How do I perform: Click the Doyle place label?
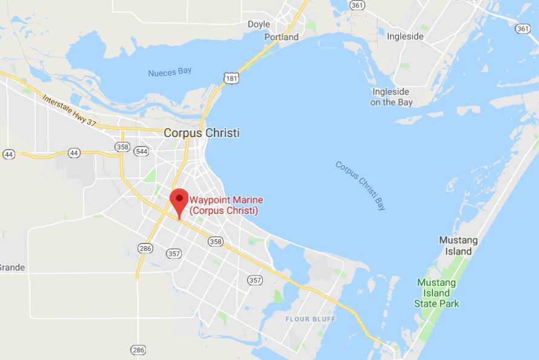click(259, 24)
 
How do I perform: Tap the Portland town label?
click(282, 37)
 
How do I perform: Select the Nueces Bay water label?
click(170, 72)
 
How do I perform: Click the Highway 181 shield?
click(230, 78)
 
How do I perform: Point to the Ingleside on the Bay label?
click(391, 97)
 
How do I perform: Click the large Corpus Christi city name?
click(202, 133)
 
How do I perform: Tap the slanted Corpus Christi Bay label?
click(360, 185)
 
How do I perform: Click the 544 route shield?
click(141, 151)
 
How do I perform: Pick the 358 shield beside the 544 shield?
click(122, 147)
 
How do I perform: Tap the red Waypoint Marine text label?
click(226, 205)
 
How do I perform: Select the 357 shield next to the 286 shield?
click(174, 253)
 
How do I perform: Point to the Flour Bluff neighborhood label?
click(306, 319)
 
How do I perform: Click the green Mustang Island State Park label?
click(437, 293)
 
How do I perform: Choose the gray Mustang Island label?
click(458, 245)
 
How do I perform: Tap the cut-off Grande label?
click(12, 267)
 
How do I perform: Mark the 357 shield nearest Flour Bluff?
click(254, 280)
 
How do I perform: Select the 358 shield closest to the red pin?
click(215, 241)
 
